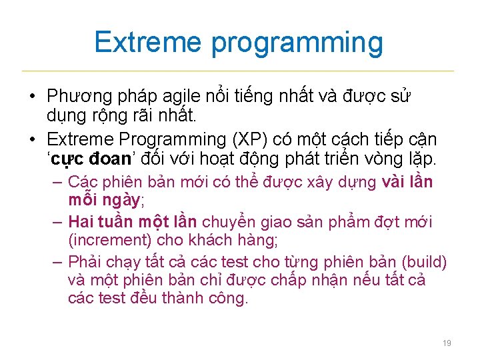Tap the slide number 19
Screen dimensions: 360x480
click(447, 343)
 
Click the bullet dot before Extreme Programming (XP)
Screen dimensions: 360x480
click(33, 140)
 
